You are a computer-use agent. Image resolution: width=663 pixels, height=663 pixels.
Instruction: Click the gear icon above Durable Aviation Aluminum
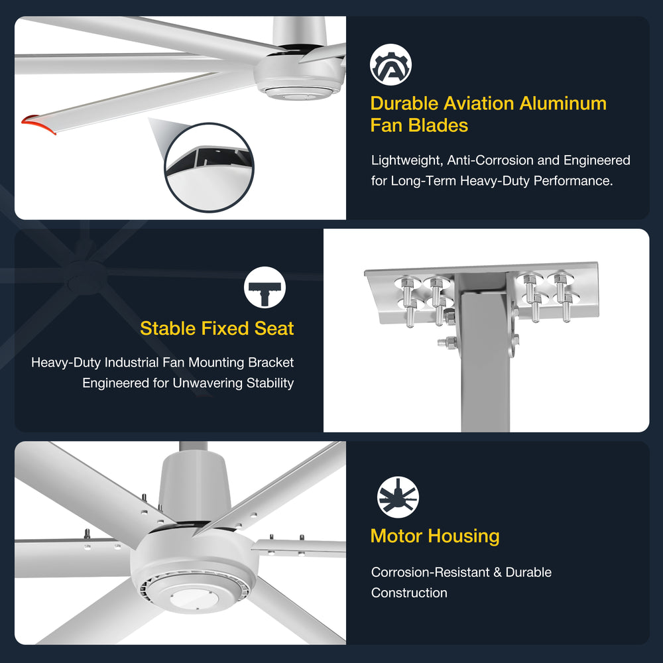coord(391,65)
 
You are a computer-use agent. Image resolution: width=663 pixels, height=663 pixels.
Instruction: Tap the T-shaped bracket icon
coord(265,287)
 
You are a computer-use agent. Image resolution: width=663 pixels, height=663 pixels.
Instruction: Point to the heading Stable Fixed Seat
coord(217,328)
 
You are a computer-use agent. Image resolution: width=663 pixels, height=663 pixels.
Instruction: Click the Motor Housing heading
coord(435,536)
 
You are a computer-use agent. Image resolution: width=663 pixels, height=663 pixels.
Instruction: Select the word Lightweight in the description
coord(406,160)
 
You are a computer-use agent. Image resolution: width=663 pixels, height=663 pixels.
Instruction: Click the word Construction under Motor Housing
coord(409,593)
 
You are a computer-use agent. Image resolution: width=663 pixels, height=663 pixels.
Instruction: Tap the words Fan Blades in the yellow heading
coord(419,125)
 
